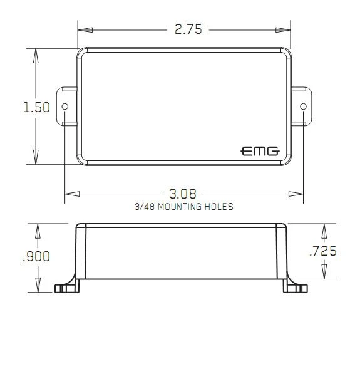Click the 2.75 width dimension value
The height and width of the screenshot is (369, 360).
pyautogui.click(x=188, y=29)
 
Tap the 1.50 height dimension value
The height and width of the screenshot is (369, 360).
pyautogui.click(x=37, y=107)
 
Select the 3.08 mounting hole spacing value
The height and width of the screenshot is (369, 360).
pyautogui.click(x=183, y=194)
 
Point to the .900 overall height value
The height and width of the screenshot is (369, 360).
pyautogui.click(x=36, y=256)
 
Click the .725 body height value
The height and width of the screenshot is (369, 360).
pyautogui.click(x=323, y=251)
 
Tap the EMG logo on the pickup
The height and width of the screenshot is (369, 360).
pyautogui.click(x=260, y=151)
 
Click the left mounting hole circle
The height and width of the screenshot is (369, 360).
pyautogui.click(x=65, y=107)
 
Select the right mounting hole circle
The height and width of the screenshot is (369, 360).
pyautogui.click(x=303, y=107)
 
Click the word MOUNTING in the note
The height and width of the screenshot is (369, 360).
pyautogui.click(x=180, y=207)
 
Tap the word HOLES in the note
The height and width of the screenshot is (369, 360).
pyautogui.click(x=219, y=207)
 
